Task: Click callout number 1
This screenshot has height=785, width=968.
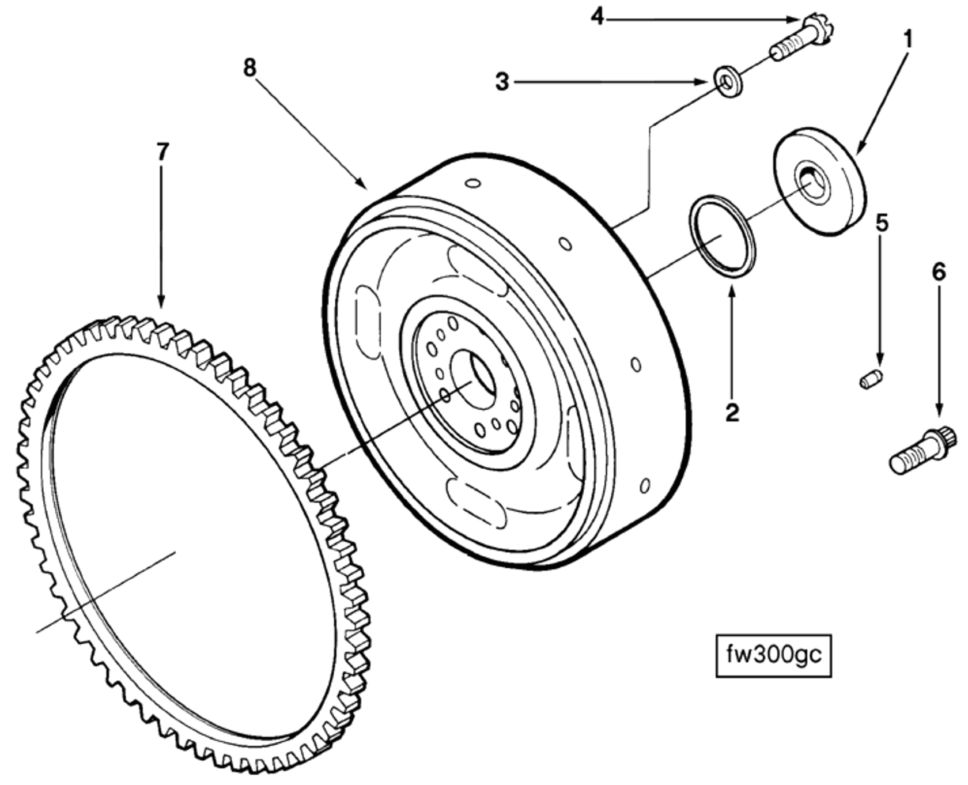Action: [x=907, y=39]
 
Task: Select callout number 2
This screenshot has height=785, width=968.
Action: [x=732, y=413]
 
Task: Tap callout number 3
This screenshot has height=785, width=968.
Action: [x=502, y=82]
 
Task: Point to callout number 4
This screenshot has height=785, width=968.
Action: [x=598, y=17]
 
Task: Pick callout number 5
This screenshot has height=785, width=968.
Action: [x=882, y=222]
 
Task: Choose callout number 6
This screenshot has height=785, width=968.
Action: [x=939, y=271]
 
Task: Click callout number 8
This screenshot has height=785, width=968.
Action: [x=249, y=68]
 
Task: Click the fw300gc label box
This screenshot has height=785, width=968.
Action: [x=773, y=655]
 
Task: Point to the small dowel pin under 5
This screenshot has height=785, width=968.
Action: [x=871, y=379]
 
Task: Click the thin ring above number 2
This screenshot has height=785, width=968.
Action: [x=723, y=236]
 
